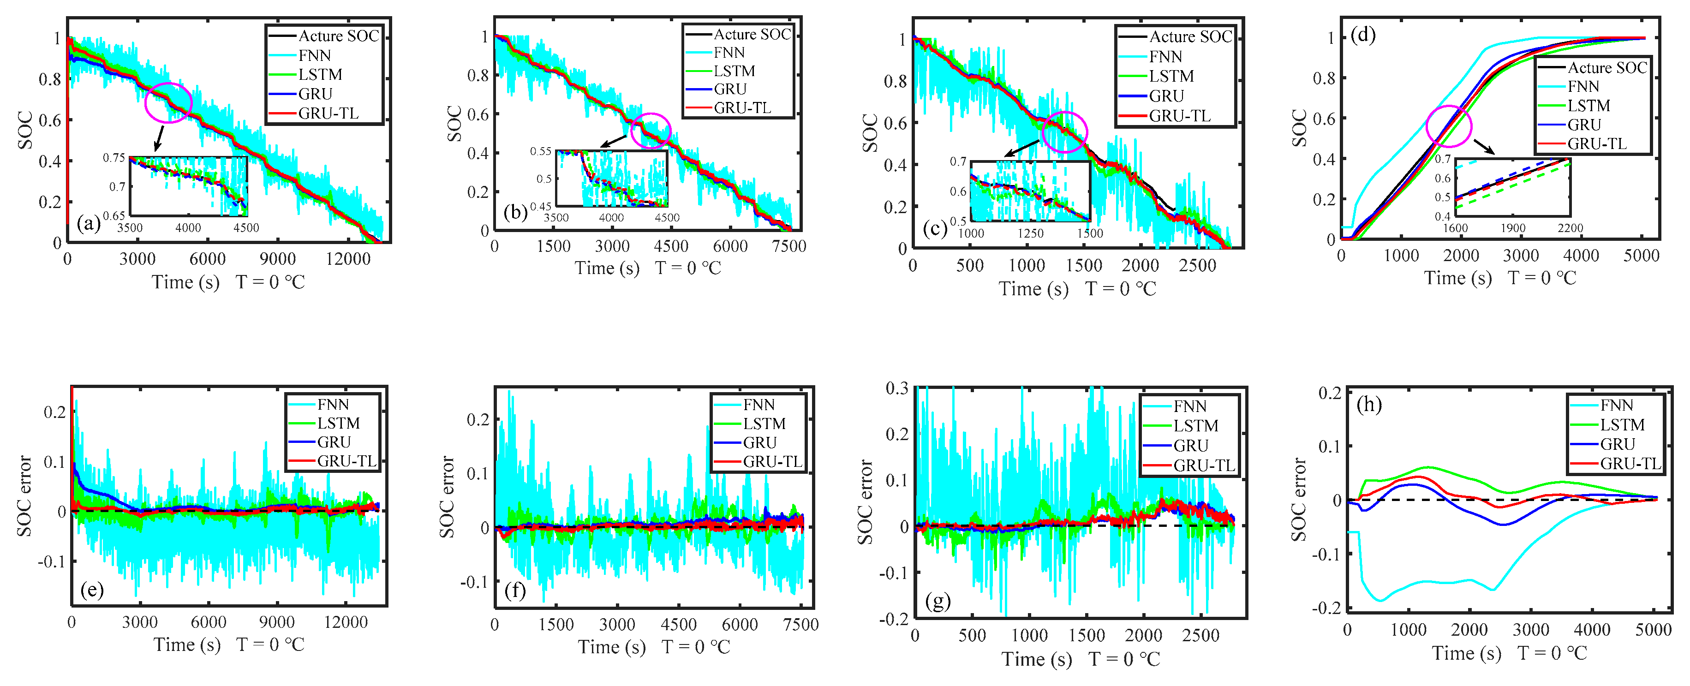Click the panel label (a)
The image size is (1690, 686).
89,224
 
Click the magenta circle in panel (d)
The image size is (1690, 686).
1449,126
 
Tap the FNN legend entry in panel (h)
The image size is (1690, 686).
1616,406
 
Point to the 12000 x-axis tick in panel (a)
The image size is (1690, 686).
348,259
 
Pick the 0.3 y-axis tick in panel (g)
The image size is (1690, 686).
897,388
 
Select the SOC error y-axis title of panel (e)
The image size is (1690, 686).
24,496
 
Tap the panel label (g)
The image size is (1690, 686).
937,600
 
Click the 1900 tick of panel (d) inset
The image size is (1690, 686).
1513,228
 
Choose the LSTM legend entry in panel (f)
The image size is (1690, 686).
764,424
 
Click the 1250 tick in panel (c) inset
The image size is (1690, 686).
1030,233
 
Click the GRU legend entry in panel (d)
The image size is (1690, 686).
1584,125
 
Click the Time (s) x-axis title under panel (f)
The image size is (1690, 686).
611,647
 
